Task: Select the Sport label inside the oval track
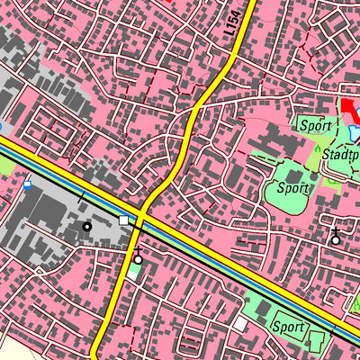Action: click(292, 188)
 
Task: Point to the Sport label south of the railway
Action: click(289, 326)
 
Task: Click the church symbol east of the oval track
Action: click(336, 238)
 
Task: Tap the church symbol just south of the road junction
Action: click(138, 259)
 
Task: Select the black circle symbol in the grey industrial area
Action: click(87, 227)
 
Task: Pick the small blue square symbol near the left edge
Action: click(28, 185)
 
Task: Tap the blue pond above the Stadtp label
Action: click(354, 133)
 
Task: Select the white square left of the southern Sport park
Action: click(240, 323)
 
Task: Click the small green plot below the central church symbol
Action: click(134, 272)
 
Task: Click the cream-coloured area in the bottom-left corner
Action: click(18, 346)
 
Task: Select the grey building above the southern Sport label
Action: click(263, 309)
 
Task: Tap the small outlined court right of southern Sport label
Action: click(317, 341)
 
